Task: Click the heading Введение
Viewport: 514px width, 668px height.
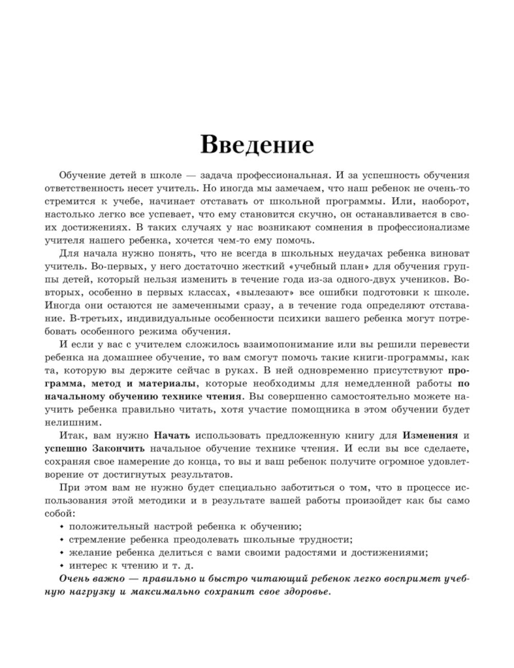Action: point(256,144)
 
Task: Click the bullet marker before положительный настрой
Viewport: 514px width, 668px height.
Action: point(62,527)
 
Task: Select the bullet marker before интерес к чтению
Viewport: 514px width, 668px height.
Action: point(62,566)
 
